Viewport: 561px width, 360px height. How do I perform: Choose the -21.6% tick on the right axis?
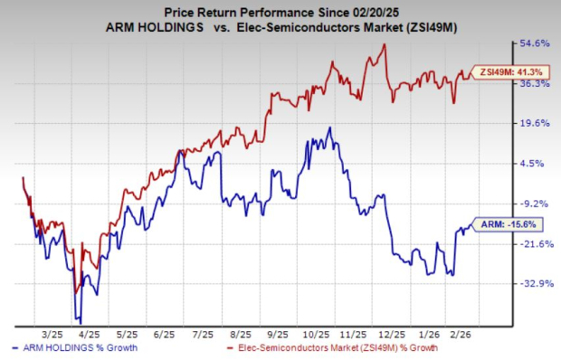(531, 244)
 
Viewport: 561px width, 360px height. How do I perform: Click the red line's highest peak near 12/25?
(386, 45)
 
